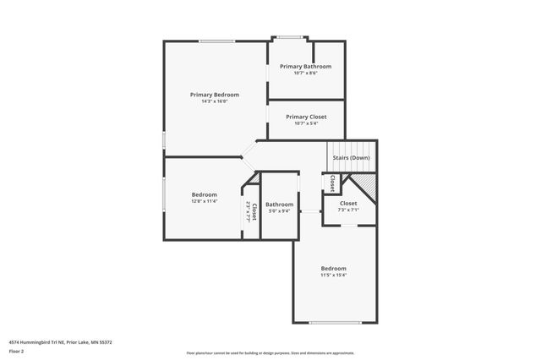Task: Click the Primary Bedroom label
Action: point(214,95)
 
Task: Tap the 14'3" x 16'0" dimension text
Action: point(214,101)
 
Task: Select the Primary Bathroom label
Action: point(305,66)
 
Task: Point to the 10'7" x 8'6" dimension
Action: point(305,73)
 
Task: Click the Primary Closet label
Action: point(305,117)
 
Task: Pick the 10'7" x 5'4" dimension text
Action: point(305,123)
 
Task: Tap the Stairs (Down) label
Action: point(350,158)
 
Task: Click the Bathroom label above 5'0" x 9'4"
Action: point(279,205)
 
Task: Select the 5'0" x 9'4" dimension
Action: point(279,211)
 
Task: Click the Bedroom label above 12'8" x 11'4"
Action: point(205,194)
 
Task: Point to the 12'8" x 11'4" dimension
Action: point(205,201)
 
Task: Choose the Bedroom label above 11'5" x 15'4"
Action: point(333,268)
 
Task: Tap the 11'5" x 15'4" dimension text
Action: point(333,275)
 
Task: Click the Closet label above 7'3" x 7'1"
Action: point(348,203)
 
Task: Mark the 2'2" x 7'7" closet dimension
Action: point(248,211)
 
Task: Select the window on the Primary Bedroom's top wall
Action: point(216,41)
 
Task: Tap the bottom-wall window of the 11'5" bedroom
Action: point(329,323)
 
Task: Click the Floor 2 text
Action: point(17,351)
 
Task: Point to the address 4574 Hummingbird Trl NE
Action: point(38,342)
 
